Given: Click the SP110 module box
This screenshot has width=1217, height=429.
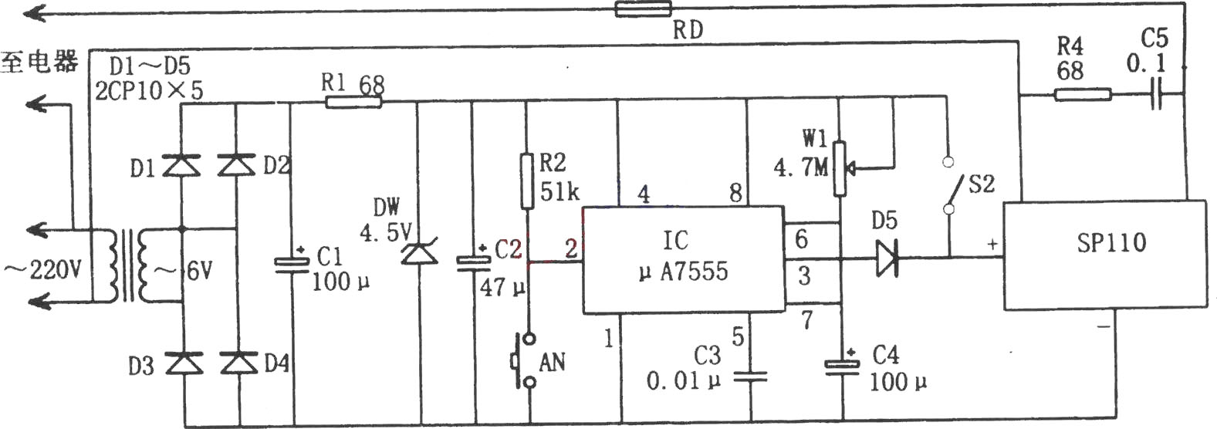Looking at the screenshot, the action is (1104, 255).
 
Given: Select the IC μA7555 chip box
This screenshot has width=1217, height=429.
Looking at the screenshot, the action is (684, 259).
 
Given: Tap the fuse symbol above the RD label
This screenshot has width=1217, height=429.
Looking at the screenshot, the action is (643, 9).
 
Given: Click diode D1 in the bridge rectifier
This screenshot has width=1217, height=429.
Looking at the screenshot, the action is (182, 164).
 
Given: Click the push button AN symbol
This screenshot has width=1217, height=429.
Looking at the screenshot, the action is (522, 360).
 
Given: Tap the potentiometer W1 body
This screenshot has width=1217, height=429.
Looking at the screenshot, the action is (840, 168).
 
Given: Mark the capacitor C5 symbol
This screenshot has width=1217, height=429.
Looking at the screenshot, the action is (1155, 95).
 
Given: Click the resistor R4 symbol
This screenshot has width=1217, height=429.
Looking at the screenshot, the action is (1083, 95).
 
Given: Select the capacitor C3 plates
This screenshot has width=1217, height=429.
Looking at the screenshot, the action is (750, 377).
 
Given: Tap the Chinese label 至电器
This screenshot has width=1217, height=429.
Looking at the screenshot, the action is (39, 62).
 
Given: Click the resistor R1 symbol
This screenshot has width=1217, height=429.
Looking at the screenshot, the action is (353, 101).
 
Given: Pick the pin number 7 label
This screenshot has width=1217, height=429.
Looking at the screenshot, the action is (807, 320).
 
